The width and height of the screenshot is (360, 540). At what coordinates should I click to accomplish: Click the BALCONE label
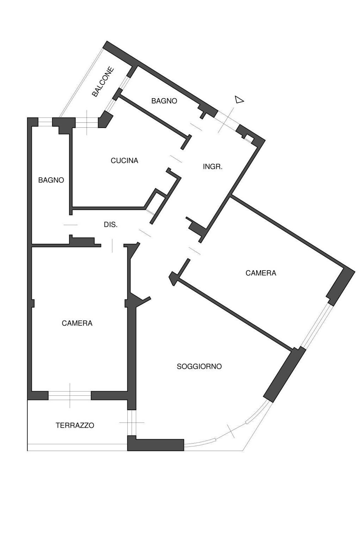103,82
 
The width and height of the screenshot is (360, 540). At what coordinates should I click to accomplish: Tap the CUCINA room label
124,161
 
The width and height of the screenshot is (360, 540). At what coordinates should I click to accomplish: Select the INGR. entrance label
213,167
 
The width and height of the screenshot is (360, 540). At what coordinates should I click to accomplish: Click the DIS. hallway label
110,225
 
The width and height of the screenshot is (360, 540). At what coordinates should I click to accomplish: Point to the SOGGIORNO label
199,367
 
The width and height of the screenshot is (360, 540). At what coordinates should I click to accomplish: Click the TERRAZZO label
75,425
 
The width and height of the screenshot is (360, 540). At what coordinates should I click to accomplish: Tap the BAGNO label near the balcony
164,101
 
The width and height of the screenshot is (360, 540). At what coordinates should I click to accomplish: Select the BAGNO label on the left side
51,180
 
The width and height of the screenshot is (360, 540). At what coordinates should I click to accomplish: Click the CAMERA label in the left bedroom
77,323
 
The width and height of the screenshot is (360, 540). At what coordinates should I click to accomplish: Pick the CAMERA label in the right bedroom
261,273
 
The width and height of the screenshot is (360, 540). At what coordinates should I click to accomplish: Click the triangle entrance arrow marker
239,100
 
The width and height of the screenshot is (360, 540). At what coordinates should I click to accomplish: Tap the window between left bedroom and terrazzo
70,395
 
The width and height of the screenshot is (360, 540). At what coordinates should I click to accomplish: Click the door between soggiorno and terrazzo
132,423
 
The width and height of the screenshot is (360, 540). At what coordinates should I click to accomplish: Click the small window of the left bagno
45,122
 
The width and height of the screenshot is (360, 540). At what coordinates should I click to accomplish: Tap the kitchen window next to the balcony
87,122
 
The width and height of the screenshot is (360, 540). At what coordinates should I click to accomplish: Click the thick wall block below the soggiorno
156,445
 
